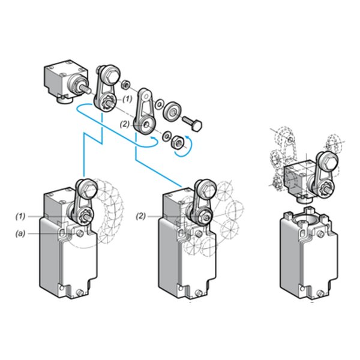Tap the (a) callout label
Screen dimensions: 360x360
click(x=20, y=234)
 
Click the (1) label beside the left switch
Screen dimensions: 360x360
click(x=20, y=217)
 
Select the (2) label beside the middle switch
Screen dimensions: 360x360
click(x=141, y=216)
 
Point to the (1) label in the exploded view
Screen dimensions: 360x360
click(x=127, y=99)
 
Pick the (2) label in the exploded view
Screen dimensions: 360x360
click(x=125, y=124)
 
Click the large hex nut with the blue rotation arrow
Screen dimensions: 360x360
click(x=178, y=142)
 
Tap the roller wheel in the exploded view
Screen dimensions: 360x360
click(x=173, y=112)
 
